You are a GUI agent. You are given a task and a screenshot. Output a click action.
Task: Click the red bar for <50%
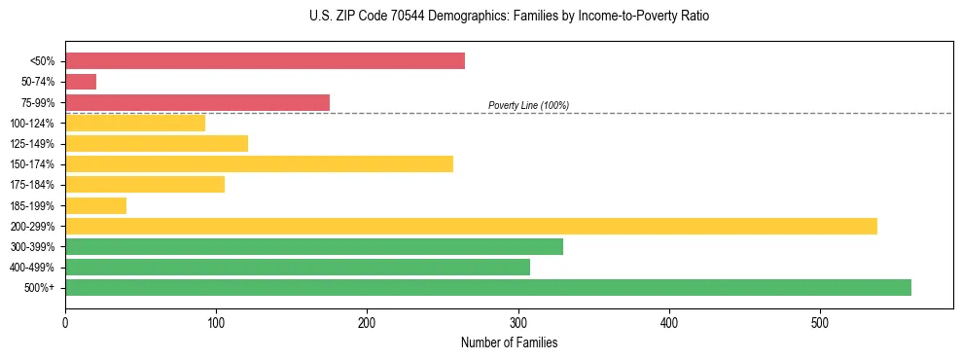click(x=265, y=61)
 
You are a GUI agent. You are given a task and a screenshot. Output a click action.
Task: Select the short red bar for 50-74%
click(x=81, y=82)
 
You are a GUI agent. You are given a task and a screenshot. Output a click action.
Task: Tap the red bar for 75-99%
click(x=197, y=102)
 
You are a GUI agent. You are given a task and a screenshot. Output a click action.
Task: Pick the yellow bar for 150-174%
click(x=259, y=163)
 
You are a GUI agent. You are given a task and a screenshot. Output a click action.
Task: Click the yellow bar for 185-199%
click(x=95, y=205)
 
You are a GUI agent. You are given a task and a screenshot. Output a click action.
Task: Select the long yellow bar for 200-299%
click(x=471, y=226)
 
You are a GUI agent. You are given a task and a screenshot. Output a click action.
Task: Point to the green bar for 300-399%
click(x=314, y=246)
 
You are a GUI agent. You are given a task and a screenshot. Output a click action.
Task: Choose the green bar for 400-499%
click(x=298, y=267)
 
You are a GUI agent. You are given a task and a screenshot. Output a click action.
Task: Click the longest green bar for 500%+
click(x=488, y=287)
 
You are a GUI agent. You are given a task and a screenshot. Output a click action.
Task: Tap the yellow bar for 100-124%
click(x=135, y=123)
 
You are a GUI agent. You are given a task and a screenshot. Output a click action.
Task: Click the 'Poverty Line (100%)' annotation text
click(x=528, y=105)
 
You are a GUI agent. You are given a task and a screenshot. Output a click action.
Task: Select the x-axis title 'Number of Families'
click(x=509, y=342)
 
